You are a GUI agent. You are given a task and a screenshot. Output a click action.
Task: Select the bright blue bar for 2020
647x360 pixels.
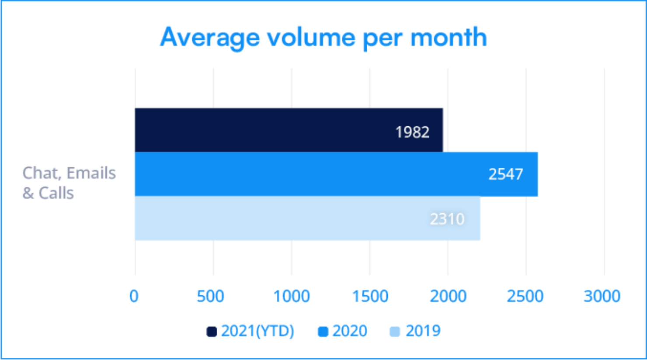coord(306,174)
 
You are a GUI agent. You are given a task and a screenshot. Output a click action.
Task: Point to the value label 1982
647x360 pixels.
coord(412,132)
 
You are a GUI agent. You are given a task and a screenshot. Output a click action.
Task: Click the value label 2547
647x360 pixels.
coord(505,174)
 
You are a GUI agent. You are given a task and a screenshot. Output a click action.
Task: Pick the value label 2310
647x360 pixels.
coord(447,219)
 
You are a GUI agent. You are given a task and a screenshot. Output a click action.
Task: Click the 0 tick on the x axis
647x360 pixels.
coord(134,296)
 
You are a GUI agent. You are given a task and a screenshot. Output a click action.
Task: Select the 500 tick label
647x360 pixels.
coord(210,296)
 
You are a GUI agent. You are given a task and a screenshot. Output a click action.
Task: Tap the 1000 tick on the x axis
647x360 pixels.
coord(292,296)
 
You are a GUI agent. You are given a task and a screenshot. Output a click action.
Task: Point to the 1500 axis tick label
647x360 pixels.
coord(370,296)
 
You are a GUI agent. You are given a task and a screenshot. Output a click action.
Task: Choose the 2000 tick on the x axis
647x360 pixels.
coord(448,296)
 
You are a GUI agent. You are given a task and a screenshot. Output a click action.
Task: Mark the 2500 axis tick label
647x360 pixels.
coord(525,296)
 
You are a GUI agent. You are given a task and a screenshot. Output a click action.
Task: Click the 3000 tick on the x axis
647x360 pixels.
coord(602,296)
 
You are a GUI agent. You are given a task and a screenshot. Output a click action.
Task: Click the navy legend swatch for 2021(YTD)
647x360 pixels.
coord(212,332)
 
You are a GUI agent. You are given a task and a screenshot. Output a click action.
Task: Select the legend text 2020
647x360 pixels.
coord(350,331)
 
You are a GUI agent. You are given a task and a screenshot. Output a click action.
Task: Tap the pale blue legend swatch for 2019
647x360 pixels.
coord(395,332)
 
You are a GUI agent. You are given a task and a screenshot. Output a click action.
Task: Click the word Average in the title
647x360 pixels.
coord(210,38)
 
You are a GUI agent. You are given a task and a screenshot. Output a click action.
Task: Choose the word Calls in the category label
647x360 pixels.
coord(56,193)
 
